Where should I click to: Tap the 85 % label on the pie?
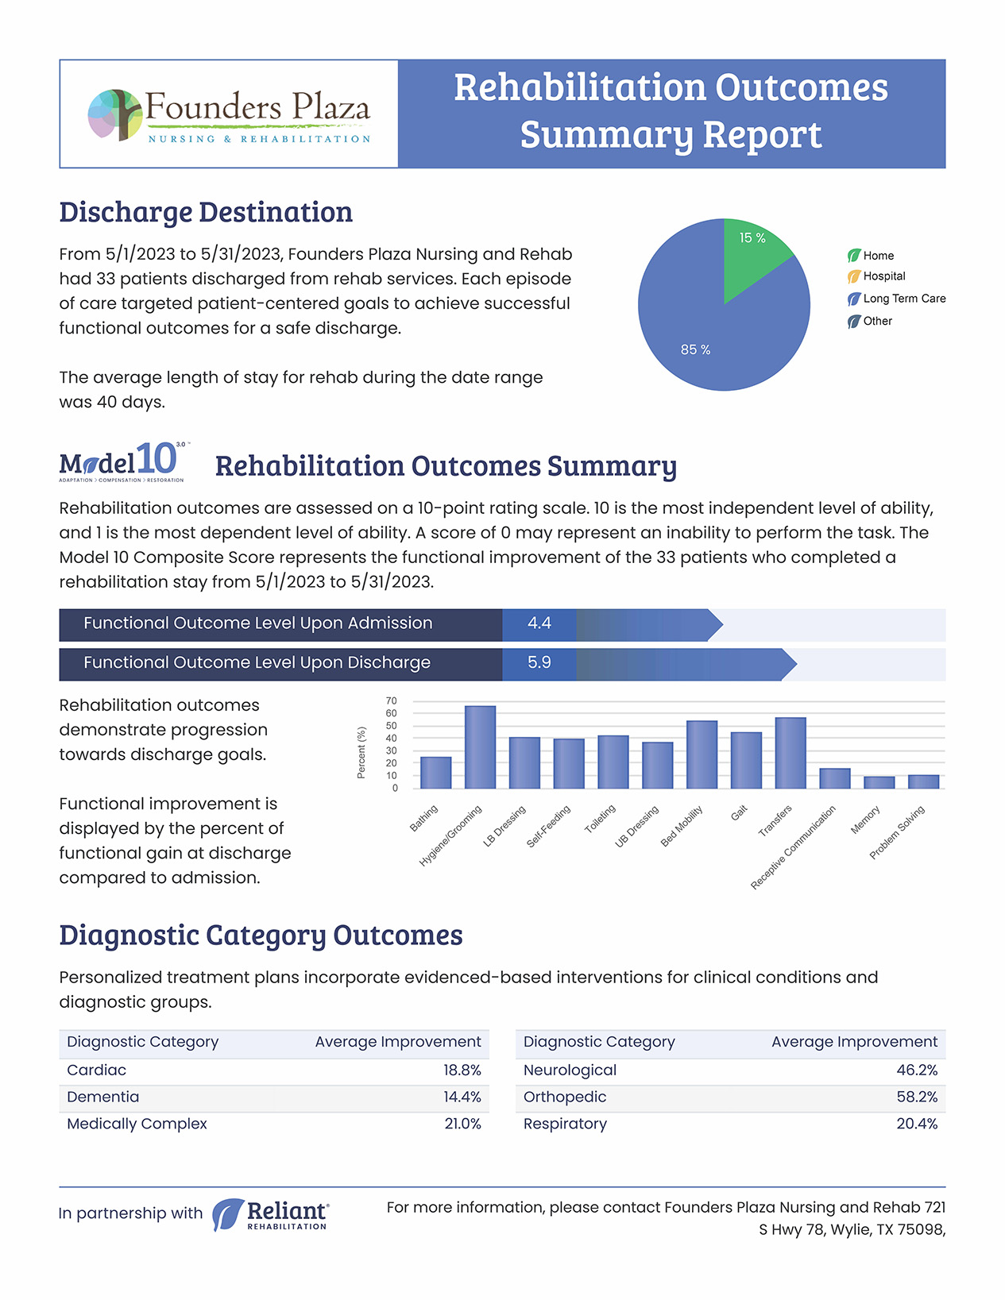pyautogui.click(x=695, y=349)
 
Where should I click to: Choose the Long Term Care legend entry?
pyautogui.click(x=896, y=299)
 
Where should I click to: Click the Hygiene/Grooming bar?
pyautogui.click(x=480, y=747)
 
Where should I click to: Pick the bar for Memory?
pyautogui.click(x=879, y=782)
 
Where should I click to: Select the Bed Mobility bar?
pyautogui.click(x=702, y=754)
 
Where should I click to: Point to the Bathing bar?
pyautogui.click(x=435, y=773)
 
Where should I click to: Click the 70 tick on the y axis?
pyautogui.click(x=391, y=700)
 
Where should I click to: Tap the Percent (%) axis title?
pyautogui.click(x=361, y=753)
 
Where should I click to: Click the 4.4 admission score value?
pyautogui.click(x=539, y=623)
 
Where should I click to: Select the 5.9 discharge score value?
pyautogui.click(x=539, y=663)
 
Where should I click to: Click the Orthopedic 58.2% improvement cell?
pyautogui.click(x=917, y=1097)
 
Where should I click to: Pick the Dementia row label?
pyautogui.click(x=103, y=1097)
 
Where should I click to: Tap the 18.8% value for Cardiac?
pyautogui.click(x=462, y=1070)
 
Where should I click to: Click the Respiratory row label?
pyautogui.click(x=565, y=1124)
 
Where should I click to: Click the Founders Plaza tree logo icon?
pyautogui.click(x=115, y=115)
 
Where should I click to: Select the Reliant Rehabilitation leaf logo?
pyautogui.click(x=228, y=1214)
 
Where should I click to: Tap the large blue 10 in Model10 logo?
pyautogui.click(x=157, y=460)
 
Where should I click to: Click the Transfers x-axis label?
pyautogui.click(x=775, y=820)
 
